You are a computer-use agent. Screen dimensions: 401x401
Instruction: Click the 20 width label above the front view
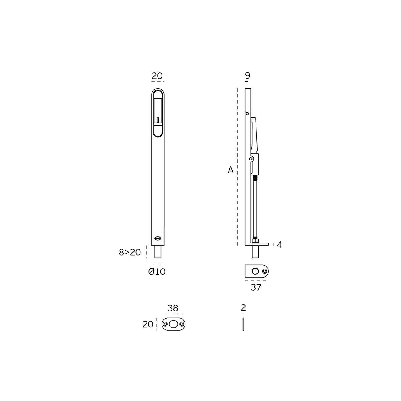pyautogui.click(x=157, y=76)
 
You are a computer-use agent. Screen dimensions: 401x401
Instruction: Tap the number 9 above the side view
pyautogui.click(x=248, y=75)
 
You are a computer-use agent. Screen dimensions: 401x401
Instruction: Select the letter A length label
pyautogui.click(x=231, y=170)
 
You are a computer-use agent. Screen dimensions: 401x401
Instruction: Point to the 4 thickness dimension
pyautogui.click(x=279, y=245)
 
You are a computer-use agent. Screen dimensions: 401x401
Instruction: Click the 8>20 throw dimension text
pyautogui.click(x=130, y=252)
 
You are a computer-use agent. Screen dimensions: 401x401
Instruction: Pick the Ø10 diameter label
pyautogui.click(x=157, y=272)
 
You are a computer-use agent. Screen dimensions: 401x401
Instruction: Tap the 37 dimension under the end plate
pyautogui.click(x=256, y=287)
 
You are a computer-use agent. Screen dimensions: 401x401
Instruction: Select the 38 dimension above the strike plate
pyautogui.click(x=173, y=308)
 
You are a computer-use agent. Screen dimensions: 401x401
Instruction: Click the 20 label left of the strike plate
pyautogui.click(x=148, y=324)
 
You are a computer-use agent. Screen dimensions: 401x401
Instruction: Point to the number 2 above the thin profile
pyautogui.click(x=243, y=308)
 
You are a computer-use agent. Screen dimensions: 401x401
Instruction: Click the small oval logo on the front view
pyautogui.click(x=158, y=238)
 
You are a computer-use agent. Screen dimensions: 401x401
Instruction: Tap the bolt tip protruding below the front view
pyautogui.click(x=158, y=252)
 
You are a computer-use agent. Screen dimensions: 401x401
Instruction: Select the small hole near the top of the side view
pyautogui.click(x=247, y=113)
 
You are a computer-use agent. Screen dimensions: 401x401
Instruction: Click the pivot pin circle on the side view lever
pyautogui.click(x=251, y=159)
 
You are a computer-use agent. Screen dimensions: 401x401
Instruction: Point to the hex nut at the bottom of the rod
pyautogui.click(x=255, y=240)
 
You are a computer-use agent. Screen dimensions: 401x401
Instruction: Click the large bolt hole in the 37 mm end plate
pyautogui.click(x=255, y=271)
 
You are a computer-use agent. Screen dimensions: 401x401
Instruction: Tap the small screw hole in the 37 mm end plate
pyautogui.click(x=264, y=271)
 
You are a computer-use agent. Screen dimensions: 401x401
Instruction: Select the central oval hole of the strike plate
pyautogui.click(x=173, y=324)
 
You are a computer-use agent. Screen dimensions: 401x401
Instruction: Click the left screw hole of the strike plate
pyautogui.click(x=165, y=324)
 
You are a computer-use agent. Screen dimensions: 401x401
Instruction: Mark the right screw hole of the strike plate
pyautogui.click(x=182, y=324)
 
